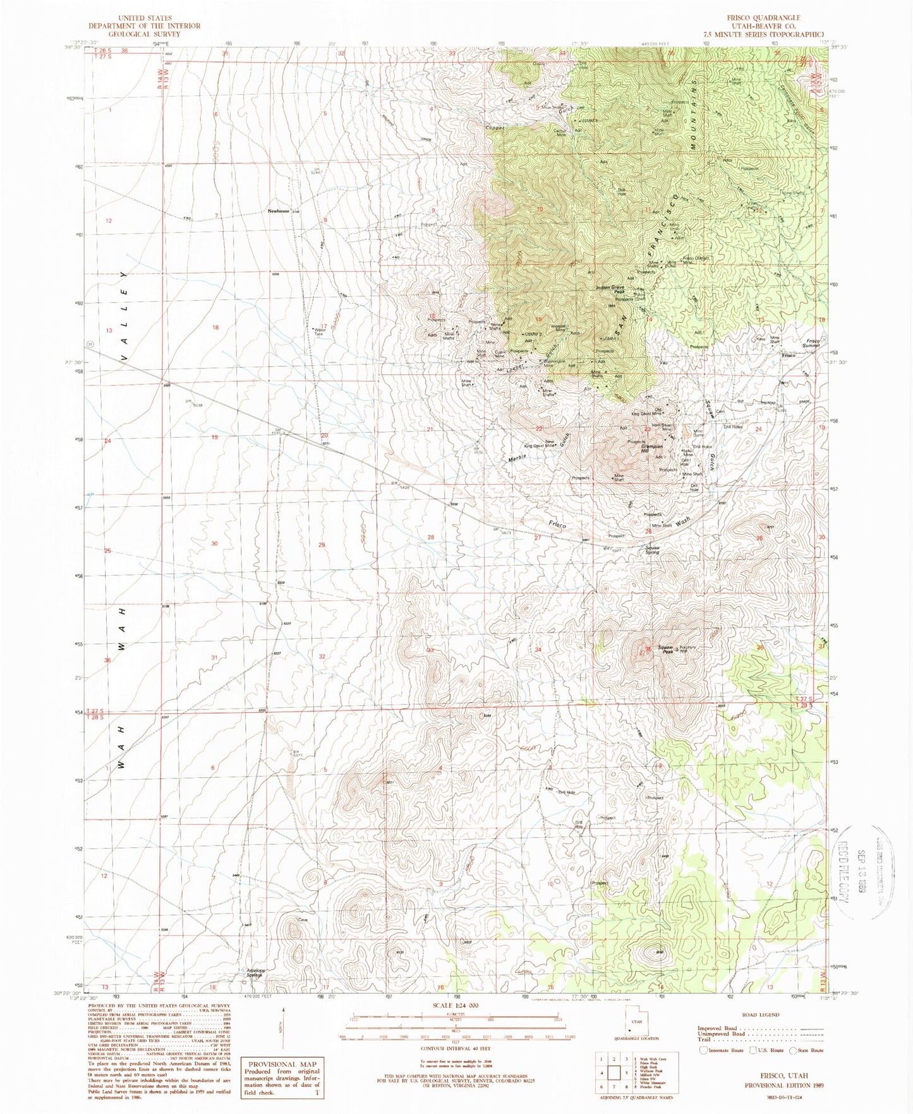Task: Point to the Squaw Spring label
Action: pos(652,550)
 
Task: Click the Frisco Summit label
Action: pos(812,343)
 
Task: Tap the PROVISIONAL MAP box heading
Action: pos(281,1064)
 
